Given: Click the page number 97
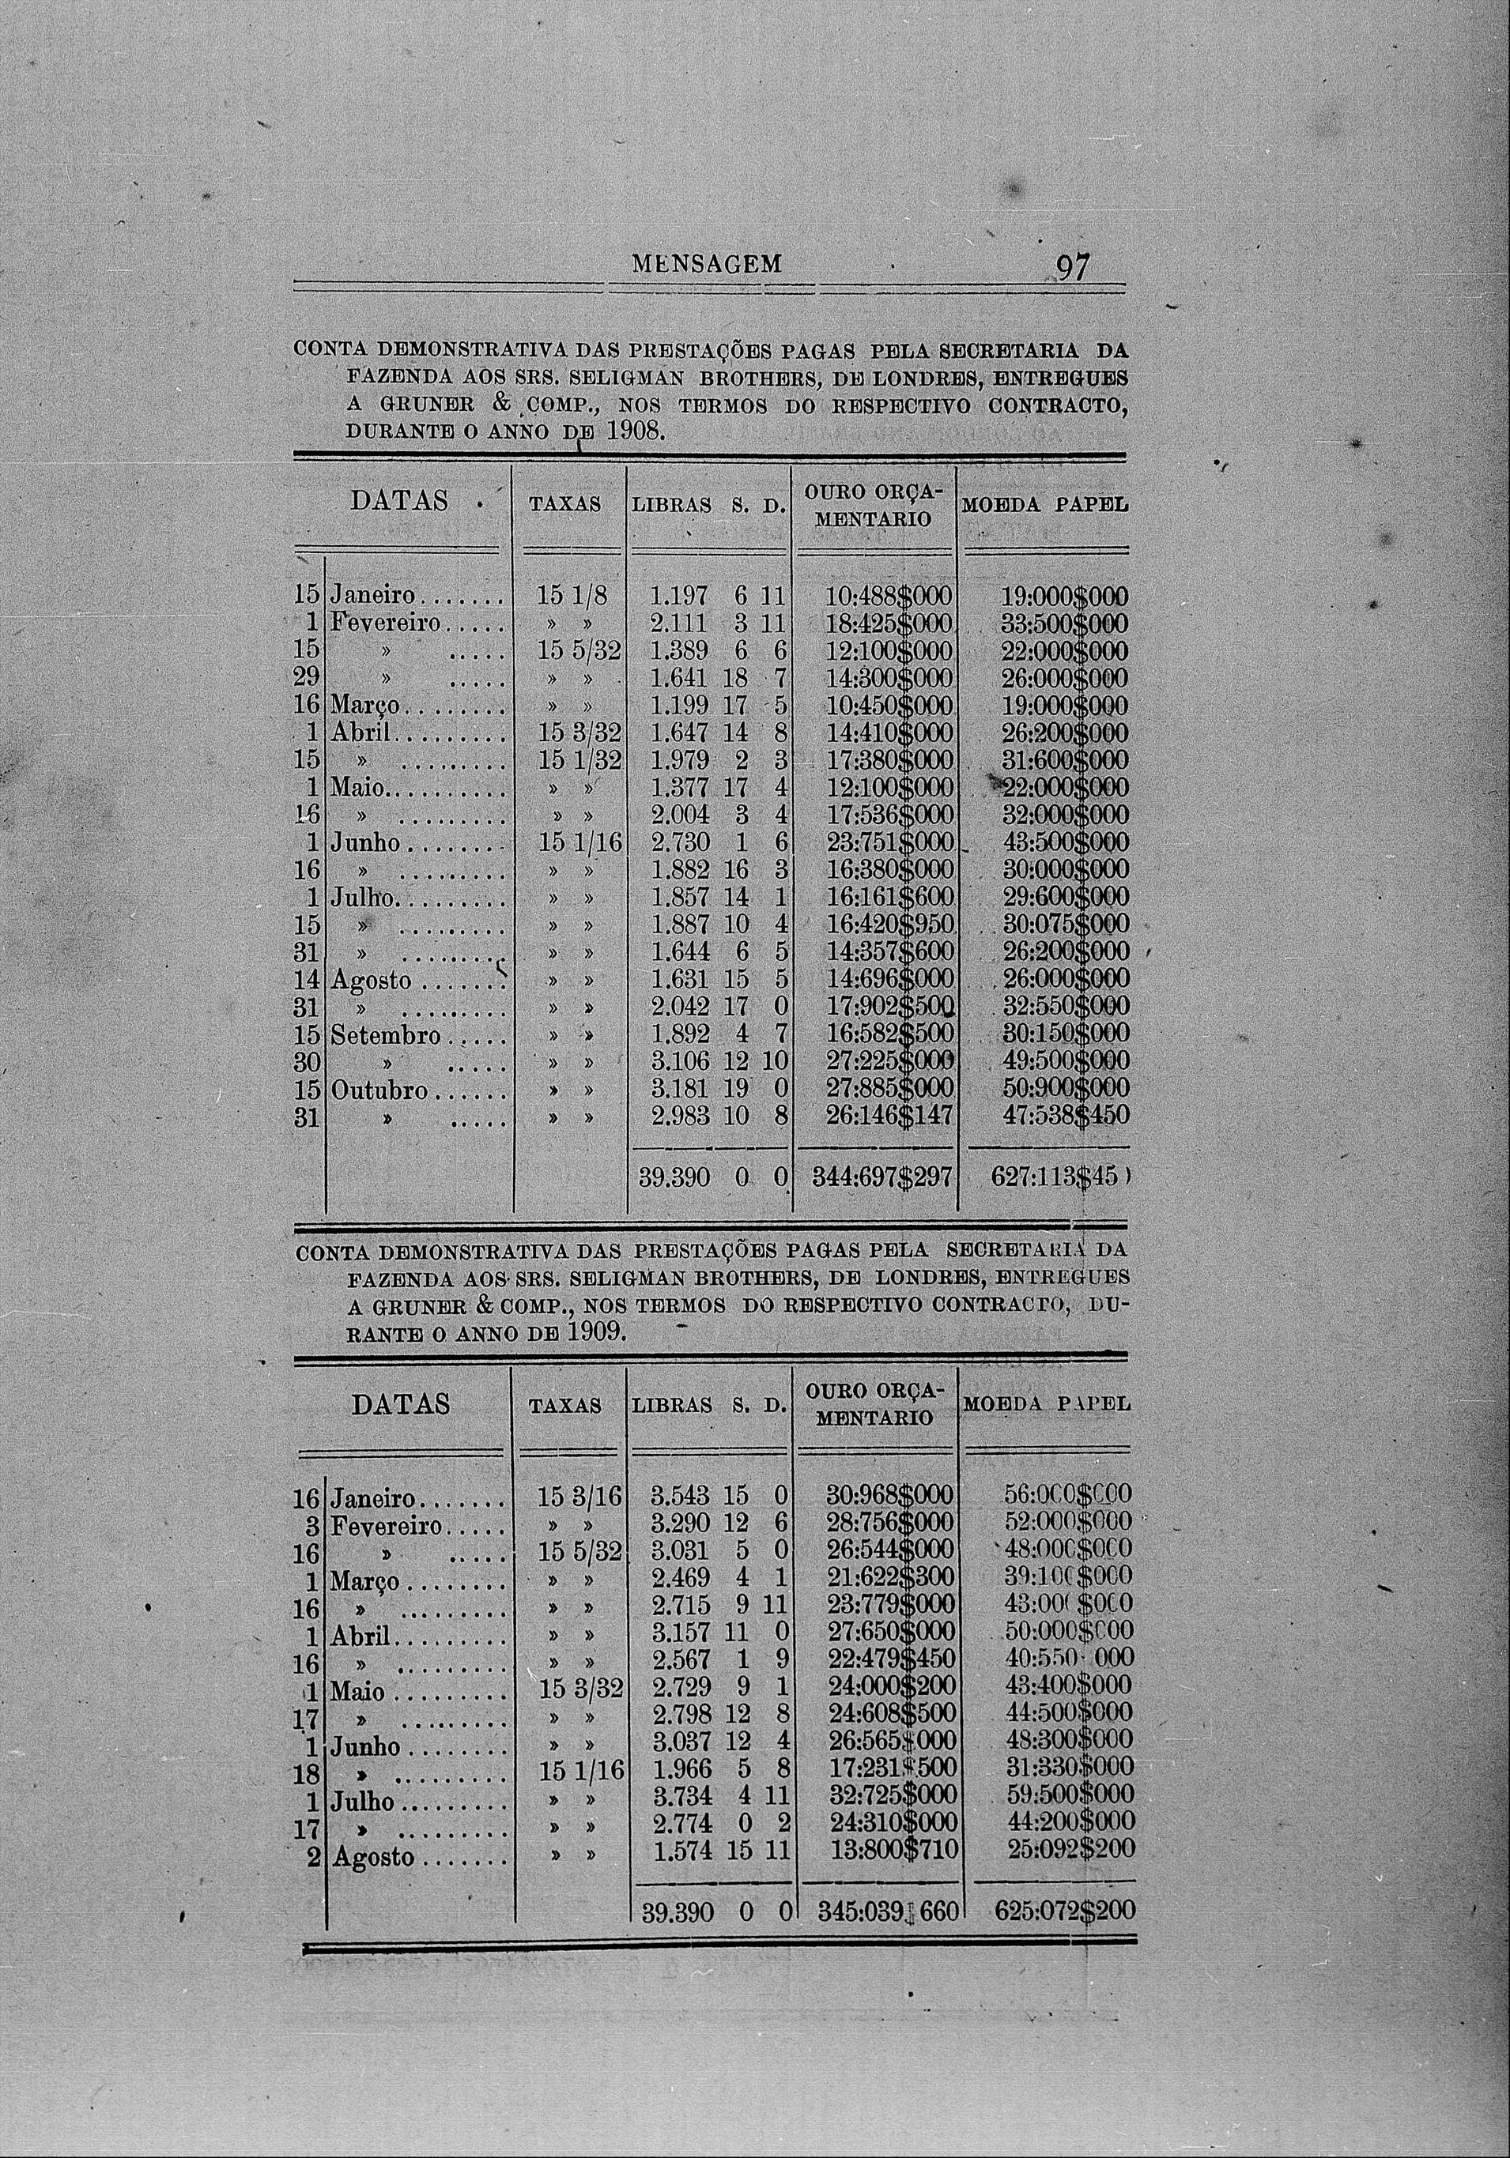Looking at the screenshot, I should tap(1073, 269).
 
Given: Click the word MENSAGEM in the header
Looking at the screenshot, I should tap(708, 265).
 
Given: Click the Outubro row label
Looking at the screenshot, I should tap(379, 1092).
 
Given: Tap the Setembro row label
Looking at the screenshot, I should tap(387, 1037).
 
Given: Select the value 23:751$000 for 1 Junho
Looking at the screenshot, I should tap(889, 842).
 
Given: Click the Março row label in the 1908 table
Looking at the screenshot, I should tap(367, 706).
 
